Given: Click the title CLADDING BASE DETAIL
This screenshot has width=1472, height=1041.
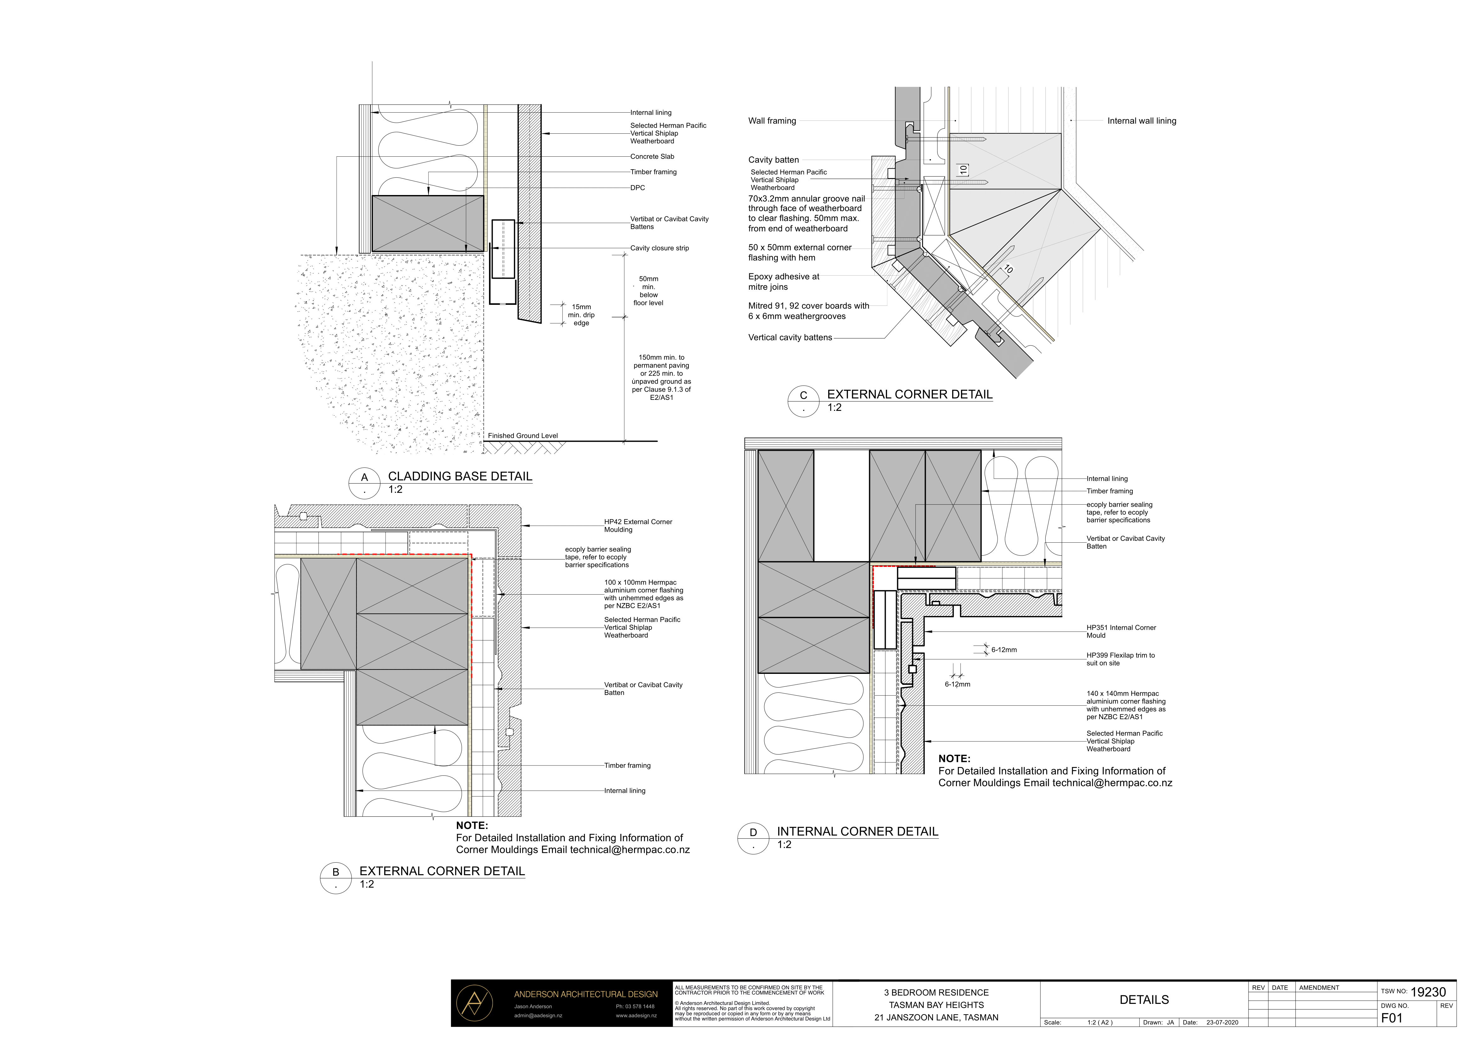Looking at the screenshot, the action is pyautogui.click(x=460, y=476).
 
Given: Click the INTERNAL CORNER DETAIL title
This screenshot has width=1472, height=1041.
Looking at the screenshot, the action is pyautogui.click(x=857, y=831).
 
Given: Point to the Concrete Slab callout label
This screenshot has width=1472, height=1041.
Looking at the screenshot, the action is pyautogui.click(x=652, y=156).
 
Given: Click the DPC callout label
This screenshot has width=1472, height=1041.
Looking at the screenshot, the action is pyautogui.click(x=637, y=188).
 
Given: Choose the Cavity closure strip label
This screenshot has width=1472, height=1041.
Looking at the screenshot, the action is pyautogui.click(x=659, y=248).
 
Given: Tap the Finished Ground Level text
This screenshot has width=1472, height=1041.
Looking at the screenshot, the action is pyautogui.click(x=523, y=436).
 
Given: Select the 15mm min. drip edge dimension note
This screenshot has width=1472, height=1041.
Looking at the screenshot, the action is pyautogui.click(x=581, y=315).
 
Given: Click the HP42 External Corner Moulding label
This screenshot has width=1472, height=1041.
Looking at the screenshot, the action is pyautogui.click(x=638, y=526).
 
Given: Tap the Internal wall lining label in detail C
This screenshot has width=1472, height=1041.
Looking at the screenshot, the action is pyautogui.click(x=1142, y=120).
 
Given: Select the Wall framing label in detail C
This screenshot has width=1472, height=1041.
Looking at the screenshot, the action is pyautogui.click(x=772, y=120).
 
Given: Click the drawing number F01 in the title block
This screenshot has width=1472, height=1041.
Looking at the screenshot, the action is pyautogui.click(x=1392, y=1018).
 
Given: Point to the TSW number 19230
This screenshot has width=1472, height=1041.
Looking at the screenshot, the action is pyautogui.click(x=1428, y=992).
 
